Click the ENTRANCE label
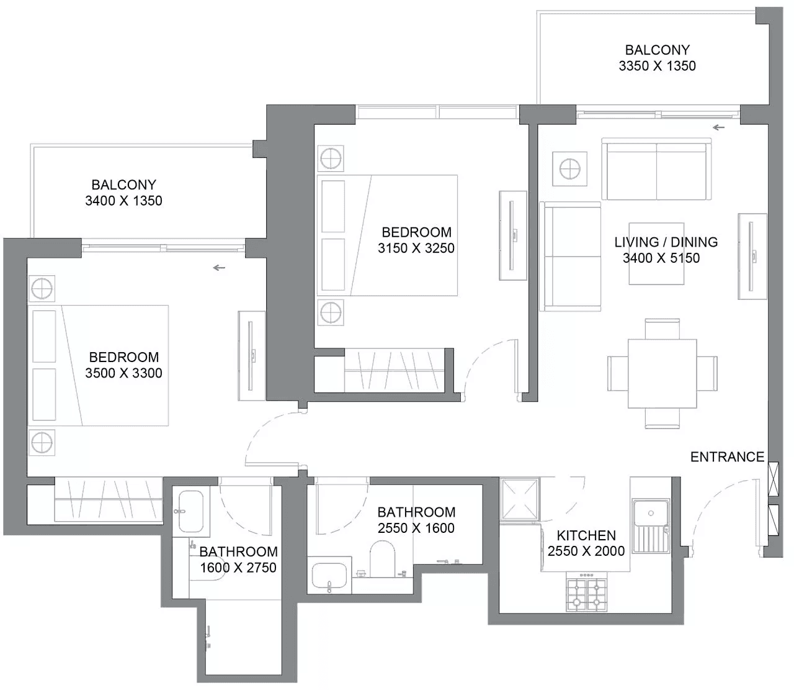click(x=727, y=457)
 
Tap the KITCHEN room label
click(x=586, y=536)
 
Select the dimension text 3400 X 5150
click(x=661, y=258)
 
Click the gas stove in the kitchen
click(x=586, y=591)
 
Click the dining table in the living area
click(x=662, y=374)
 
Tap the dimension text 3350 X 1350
click(x=657, y=66)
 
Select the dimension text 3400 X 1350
click(x=123, y=201)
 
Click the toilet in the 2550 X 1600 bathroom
click(x=382, y=558)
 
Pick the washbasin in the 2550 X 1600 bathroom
click(x=329, y=575)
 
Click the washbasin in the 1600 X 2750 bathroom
click(x=190, y=511)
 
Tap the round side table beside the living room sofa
click(x=569, y=169)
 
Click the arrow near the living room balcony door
click(x=719, y=127)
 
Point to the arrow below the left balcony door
click(x=219, y=268)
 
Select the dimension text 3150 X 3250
click(x=416, y=248)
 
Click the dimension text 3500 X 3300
click(x=123, y=373)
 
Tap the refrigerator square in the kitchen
click(x=520, y=499)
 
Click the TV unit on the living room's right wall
click(x=752, y=256)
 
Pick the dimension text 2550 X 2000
click(x=586, y=551)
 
